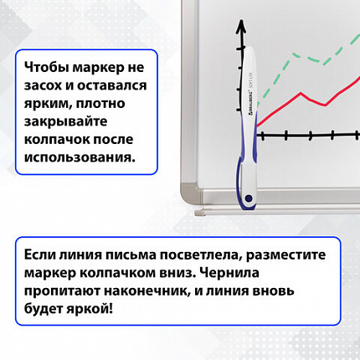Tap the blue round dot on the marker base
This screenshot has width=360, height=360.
point(249,196)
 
